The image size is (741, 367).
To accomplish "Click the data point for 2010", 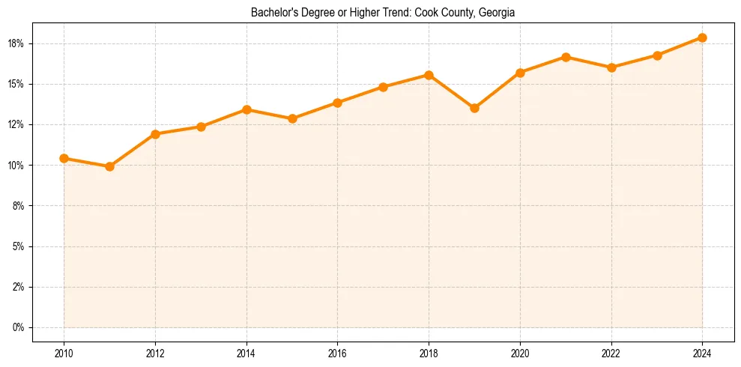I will pyautogui.click(x=64, y=158).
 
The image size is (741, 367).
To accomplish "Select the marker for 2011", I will pyautogui.click(x=109, y=166).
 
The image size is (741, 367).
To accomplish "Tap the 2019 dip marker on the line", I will pyautogui.click(x=474, y=108).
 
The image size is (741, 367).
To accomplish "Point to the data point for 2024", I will pyautogui.click(x=702, y=37).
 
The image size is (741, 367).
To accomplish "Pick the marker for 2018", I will pyautogui.click(x=429, y=75).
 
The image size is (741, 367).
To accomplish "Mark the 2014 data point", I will pyautogui.click(x=247, y=109).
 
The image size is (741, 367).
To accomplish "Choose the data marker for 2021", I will pyautogui.click(x=566, y=57).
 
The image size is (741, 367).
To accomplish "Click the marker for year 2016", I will pyautogui.click(x=337, y=103).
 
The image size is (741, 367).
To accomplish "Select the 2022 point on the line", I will pyautogui.click(x=611, y=67).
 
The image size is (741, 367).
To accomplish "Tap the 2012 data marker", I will pyautogui.click(x=155, y=134).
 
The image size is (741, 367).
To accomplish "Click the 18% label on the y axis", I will pyautogui.click(x=16, y=43).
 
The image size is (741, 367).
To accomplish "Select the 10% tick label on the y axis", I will pyautogui.click(x=16, y=165).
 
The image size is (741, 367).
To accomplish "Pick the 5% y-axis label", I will pyautogui.click(x=19, y=246).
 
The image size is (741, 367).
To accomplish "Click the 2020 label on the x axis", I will pyautogui.click(x=520, y=353).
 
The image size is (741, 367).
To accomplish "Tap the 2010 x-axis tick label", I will pyautogui.click(x=64, y=353).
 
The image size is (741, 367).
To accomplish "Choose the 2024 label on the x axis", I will pyautogui.click(x=702, y=353).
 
